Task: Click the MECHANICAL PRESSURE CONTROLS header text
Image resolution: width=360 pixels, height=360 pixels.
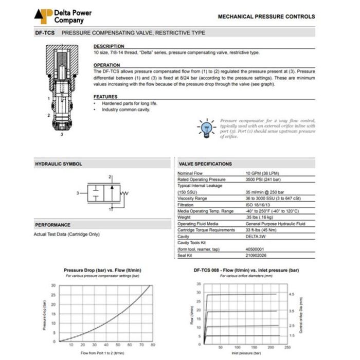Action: pyautogui.click(x=266, y=16)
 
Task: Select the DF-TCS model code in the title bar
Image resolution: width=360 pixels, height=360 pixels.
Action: pyautogui.click(x=45, y=33)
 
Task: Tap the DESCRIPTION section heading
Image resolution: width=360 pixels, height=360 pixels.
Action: pyautogui.click(x=109, y=46)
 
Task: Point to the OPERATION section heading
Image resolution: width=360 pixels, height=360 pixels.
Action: pyautogui.click(x=107, y=65)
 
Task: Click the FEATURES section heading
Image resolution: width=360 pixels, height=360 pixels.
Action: pyautogui.click(x=105, y=97)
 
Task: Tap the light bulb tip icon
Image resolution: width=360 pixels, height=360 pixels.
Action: pyautogui.click(x=207, y=127)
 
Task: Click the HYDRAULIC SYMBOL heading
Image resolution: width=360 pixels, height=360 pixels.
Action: pyautogui.click(x=59, y=164)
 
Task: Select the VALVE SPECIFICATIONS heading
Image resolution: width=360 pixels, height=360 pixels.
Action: pyautogui.click(x=205, y=164)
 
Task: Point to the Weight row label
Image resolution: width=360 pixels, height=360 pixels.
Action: pyautogui.click(x=185, y=218)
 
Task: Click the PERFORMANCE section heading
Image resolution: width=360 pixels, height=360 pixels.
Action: pyautogui.click(x=53, y=225)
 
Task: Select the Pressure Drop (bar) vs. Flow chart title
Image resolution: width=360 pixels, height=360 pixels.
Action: pyautogui.click(x=102, y=270)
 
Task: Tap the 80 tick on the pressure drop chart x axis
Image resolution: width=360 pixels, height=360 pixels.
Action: pyautogui.click(x=152, y=345)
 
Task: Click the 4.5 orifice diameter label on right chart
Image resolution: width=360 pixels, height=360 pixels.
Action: pyautogui.click(x=291, y=295)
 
